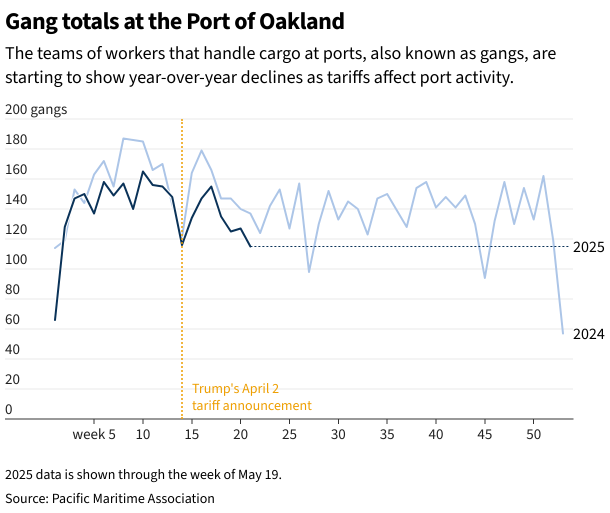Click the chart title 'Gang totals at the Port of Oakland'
pyautogui.click(x=174, y=21)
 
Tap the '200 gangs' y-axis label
pyautogui.click(x=36, y=109)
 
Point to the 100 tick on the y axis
pyautogui.click(x=16, y=259)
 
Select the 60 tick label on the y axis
pyautogui.click(x=12, y=319)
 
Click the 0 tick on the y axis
pyautogui.click(x=8, y=410)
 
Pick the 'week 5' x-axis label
pyautogui.click(x=94, y=434)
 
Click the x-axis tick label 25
pyautogui.click(x=289, y=434)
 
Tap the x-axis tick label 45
pyautogui.click(x=485, y=434)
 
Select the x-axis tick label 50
pyautogui.click(x=533, y=434)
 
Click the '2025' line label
pyautogui.click(x=588, y=247)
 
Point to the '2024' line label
pyautogui.click(x=588, y=334)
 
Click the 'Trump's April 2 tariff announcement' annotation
pyautogui.click(x=251, y=397)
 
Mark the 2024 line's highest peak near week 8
pyautogui.click(x=123, y=138)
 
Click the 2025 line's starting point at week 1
pyautogui.click(x=55, y=320)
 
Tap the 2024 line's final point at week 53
pyautogui.click(x=563, y=333)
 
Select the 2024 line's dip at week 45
pyautogui.click(x=485, y=278)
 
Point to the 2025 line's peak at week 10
pyautogui.click(x=143, y=171)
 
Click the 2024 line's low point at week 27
pyautogui.click(x=309, y=272)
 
